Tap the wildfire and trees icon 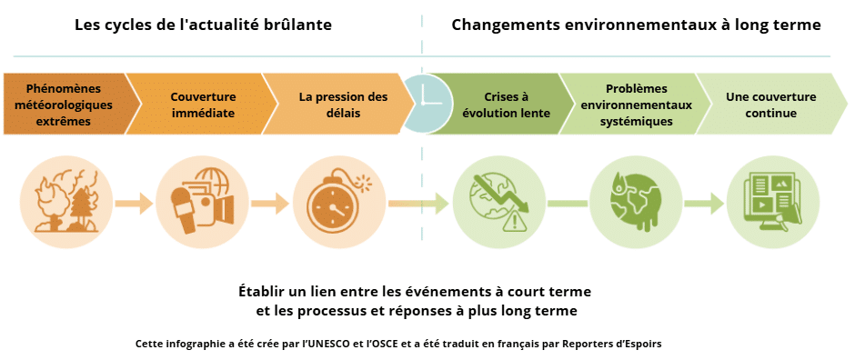pyautogui.click(x=66, y=203)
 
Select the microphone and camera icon pyautogui.click(x=202, y=203)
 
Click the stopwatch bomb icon pyautogui.click(x=339, y=203)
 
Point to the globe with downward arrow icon pyautogui.click(x=498, y=203)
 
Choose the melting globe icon pyautogui.click(x=635, y=203)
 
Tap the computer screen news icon pyautogui.click(x=772, y=203)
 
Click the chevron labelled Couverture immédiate pyautogui.click(x=202, y=104)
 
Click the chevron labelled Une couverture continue pyautogui.click(x=771, y=104)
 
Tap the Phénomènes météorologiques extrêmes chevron pyautogui.click(x=65, y=104)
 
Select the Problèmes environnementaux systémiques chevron pyautogui.click(x=636, y=104)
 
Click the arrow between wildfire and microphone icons pyautogui.click(x=134, y=203)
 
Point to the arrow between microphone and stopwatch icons pyautogui.click(x=270, y=203)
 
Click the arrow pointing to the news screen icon pyautogui.click(x=704, y=203)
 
